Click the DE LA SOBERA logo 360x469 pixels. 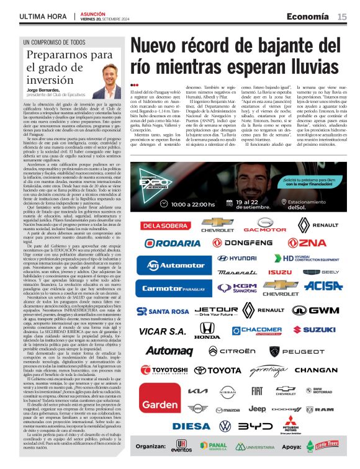click(x=157, y=225)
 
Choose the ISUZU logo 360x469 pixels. click(x=279, y=272)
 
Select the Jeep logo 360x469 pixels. click(x=257, y=409)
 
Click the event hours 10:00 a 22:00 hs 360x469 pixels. click(x=193, y=203)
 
